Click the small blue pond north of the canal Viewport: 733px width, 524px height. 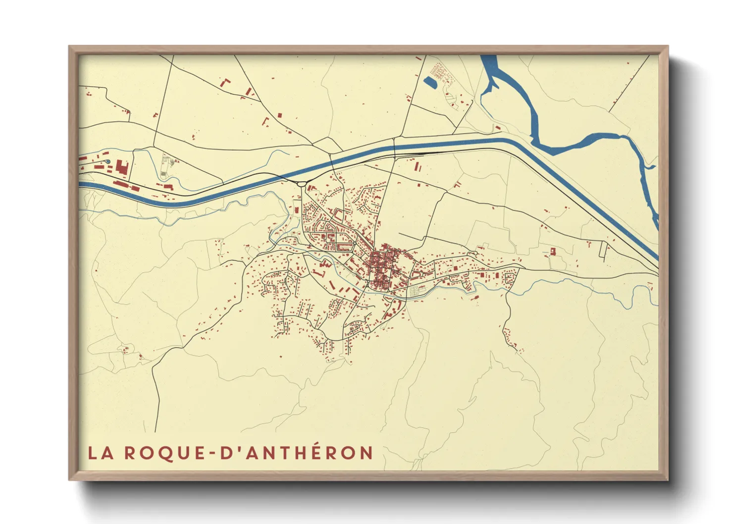coord(430,82)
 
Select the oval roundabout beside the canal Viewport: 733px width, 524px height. coord(302,184)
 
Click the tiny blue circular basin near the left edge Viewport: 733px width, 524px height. coord(108,161)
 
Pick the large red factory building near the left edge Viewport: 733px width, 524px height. coord(122,167)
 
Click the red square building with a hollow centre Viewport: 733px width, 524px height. coord(553,252)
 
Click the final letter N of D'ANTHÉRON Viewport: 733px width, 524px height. coord(366,453)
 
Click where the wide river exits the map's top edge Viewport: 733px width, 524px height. coord(488,56)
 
